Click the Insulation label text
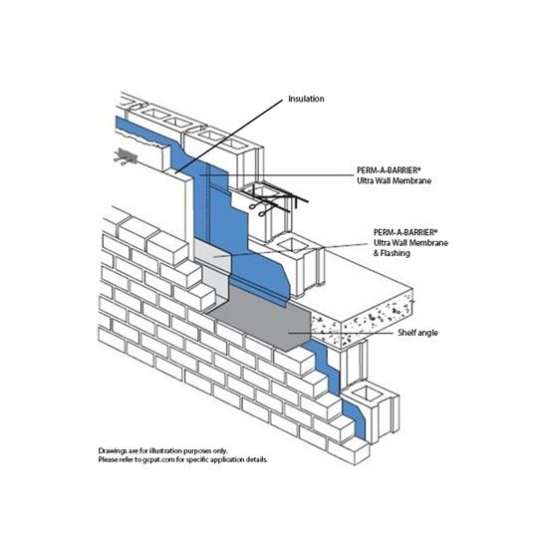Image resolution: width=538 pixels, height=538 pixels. (306, 99)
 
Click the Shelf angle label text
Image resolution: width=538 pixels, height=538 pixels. (417, 333)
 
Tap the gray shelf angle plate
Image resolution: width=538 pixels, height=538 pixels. (261, 319)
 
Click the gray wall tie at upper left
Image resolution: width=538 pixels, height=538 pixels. (126, 156)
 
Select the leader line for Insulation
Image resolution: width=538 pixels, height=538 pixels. (229, 136)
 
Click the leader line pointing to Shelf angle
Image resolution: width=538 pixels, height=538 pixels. (341, 333)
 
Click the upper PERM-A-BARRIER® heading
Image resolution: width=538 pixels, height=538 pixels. (390, 170)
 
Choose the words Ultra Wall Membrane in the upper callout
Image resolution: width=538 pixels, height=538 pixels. (394, 180)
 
